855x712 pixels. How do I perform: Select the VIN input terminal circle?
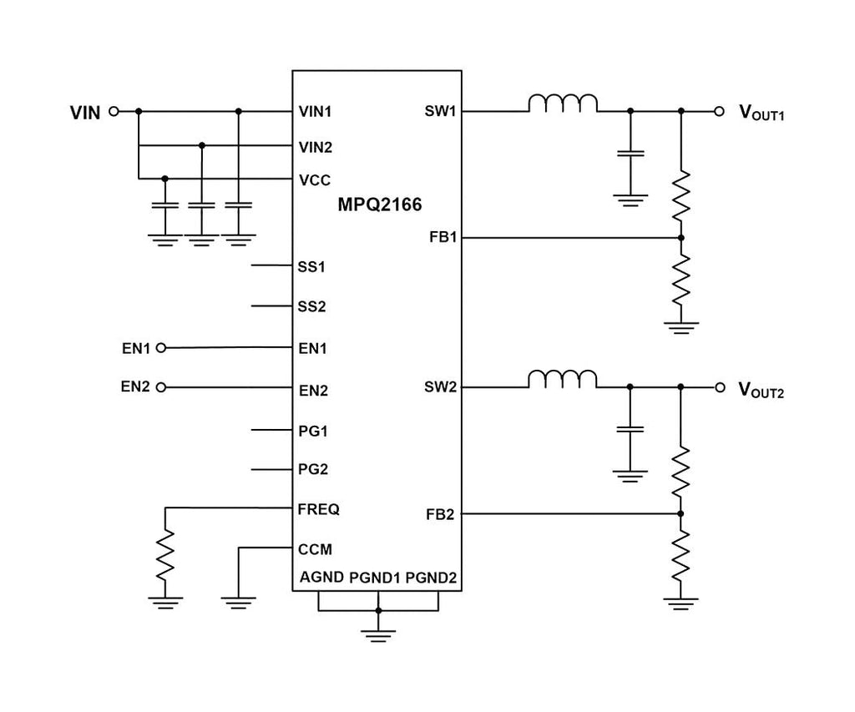coord(114,111)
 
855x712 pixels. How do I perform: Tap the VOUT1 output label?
coord(761,112)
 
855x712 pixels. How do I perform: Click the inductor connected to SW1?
coord(562,104)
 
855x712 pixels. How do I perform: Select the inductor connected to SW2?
coord(562,381)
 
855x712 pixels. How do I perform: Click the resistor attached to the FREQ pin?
coord(166,553)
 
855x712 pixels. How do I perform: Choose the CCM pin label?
coord(315,549)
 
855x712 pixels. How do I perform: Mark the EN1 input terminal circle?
coord(161,347)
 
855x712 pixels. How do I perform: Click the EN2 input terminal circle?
coord(161,387)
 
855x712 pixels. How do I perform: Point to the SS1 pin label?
coord(311,268)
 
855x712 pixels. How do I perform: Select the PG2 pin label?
coord(313,469)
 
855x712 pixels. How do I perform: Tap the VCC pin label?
coord(314,179)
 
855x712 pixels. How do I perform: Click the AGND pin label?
coord(321,577)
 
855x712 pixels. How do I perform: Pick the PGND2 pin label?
coord(431,577)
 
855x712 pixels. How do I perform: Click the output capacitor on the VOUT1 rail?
coord(630,154)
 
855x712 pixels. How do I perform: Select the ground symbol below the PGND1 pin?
coord(379,635)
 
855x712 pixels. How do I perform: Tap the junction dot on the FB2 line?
coord(681,513)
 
